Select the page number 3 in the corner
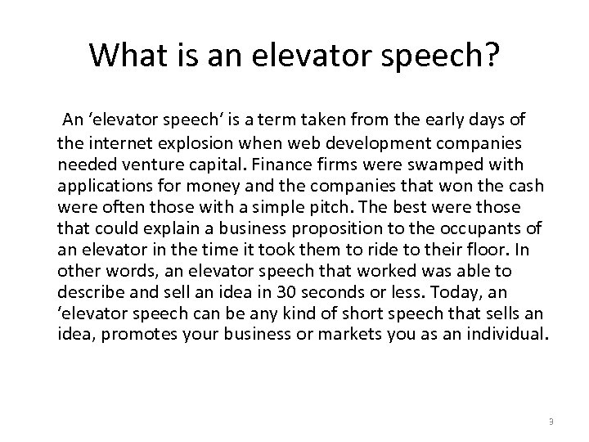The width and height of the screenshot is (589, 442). pyautogui.click(x=551, y=422)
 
